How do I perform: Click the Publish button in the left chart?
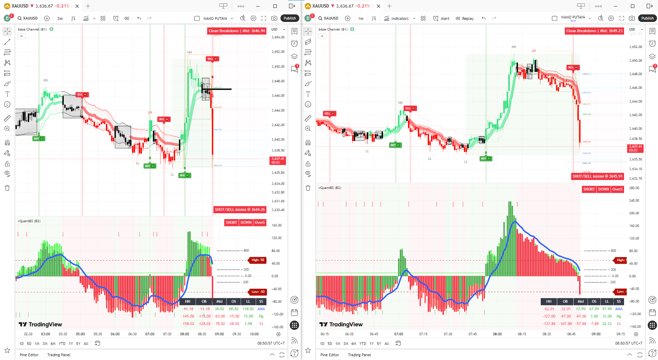pos(290,18)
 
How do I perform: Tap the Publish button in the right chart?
pos(647,18)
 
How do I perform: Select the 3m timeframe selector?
pos(60,19)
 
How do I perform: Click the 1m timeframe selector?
pos(361,19)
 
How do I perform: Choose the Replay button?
pos(465,19)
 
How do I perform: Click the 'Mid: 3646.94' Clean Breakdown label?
pos(237,31)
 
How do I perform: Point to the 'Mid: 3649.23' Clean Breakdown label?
pos(594,31)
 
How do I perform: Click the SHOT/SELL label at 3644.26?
pos(240,209)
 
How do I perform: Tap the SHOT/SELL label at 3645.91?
pos(597,176)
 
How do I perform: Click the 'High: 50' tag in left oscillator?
pos(258,260)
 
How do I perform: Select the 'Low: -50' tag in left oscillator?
pos(258,292)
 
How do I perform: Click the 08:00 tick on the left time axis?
pos(184,334)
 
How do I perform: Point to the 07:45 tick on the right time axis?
pos(472,334)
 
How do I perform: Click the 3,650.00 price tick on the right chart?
pos(635,60)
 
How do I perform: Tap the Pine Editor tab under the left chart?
pos(29,355)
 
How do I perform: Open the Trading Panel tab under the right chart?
pos(359,355)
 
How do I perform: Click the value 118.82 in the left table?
pos(248,309)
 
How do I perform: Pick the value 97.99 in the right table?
pos(607,309)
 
